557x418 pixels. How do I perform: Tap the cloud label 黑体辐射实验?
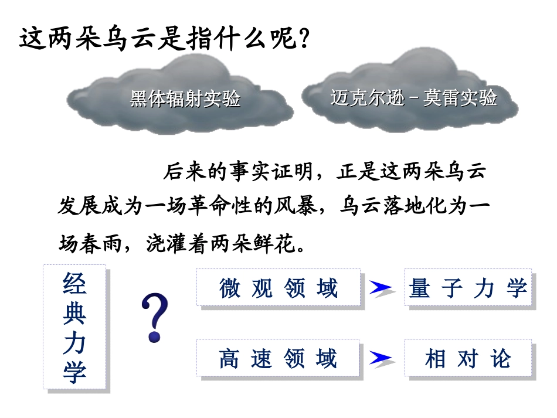(185, 99)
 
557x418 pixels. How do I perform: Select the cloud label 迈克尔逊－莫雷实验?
(413, 97)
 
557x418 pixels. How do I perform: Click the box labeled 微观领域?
(278, 288)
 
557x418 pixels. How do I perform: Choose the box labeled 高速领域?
(278, 358)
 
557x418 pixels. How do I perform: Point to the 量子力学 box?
(468, 288)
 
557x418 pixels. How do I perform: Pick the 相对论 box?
(468, 358)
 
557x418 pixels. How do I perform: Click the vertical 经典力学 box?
(74, 327)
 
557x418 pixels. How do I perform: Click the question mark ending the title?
(303, 39)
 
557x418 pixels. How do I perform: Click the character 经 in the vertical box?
(74, 284)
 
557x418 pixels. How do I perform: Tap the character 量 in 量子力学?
(420, 288)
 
